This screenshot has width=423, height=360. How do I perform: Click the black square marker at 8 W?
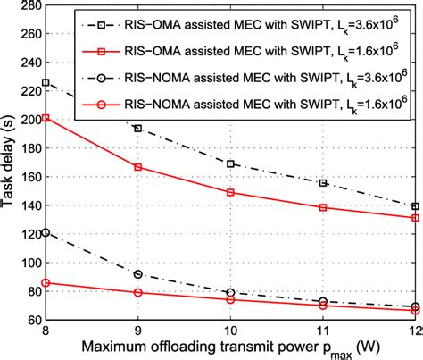45,82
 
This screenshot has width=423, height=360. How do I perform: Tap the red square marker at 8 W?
45,118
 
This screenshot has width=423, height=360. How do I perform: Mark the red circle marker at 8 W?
45,282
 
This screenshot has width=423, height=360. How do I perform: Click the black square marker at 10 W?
231,163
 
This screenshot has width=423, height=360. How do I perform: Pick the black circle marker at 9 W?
137,274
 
